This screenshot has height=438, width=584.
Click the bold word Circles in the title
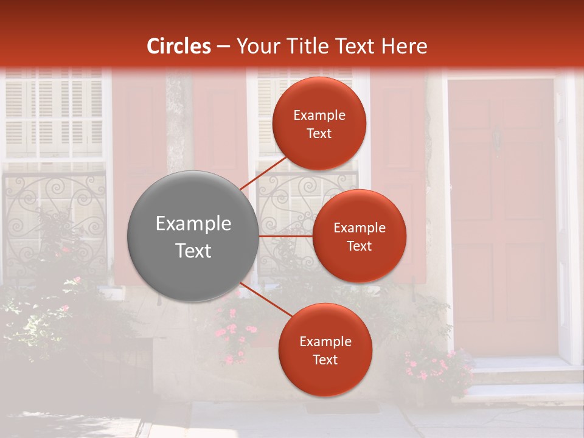(179, 46)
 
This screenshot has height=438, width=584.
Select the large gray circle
(193, 236)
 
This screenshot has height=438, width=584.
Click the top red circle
(319, 123)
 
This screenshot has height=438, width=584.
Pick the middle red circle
(359, 236)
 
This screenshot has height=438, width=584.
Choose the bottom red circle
(325, 350)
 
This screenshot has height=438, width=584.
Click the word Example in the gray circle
(193, 224)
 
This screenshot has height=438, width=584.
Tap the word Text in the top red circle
(319, 133)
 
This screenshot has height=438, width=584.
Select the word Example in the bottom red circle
(325, 341)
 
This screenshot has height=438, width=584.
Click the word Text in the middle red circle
(360, 246)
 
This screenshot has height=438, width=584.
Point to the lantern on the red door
(498, 139)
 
